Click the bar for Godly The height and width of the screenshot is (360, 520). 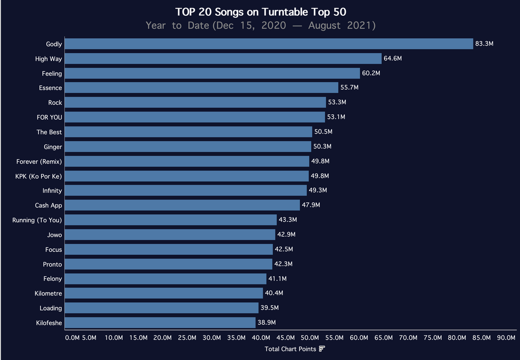(x=269, y=44)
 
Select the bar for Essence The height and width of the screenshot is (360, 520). (x=202, y=88)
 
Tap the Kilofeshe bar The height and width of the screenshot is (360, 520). (x=160, y=322)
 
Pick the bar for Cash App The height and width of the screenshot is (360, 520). (x=183, y=205)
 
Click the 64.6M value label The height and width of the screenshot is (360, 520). (x=393, y=59)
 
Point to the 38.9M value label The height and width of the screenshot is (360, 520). (x=267, y=322)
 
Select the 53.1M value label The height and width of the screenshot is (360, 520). (x=336, y=117)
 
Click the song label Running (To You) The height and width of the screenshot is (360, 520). (x=37, y=220)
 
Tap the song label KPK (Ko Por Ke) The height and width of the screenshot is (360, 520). (x=39, y=176)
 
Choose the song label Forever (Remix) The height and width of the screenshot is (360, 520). (x=39, y=161)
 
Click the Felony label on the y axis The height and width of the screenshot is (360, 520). (x=53, y=279)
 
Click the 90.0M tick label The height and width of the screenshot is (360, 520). (x=506, y=338)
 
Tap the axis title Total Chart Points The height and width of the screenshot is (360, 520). (x=290, y=349)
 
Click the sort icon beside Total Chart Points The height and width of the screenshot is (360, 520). (x=322, y=349)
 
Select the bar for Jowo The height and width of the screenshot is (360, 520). (x=170, y=235)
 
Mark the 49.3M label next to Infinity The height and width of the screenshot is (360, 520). (x=318, y=190)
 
